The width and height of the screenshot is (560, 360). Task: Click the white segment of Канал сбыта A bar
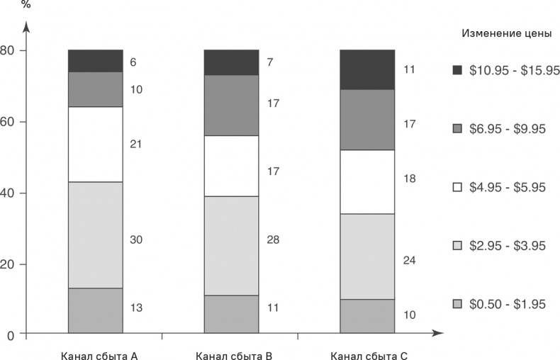pyautogui.click(x=95, y=144)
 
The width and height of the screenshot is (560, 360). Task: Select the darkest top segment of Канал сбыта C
pyautogui.click(x=367, y=69)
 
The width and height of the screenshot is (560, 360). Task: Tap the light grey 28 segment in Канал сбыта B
pyautogui.click(x=231, y=245)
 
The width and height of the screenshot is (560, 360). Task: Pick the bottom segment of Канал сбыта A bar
pyautogui.click(x=95, y=310)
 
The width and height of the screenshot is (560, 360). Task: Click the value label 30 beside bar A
pyautogui.click(x=136, y=240)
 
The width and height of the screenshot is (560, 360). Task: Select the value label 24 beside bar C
pyautogui.click(x=409, y=260)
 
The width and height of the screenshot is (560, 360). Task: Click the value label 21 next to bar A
pyautogui.click(x=136, y=144)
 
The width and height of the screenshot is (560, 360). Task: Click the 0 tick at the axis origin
pyautogui.click(x=10, y=334)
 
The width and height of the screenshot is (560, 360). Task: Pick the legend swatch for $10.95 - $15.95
pyautogui.click(x=457, y=69)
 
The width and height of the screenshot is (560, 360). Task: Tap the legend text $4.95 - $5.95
pyautogui.click(x=513, y=187)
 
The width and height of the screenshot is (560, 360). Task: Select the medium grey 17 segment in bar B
pyautogui.click(x=231, y=105)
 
